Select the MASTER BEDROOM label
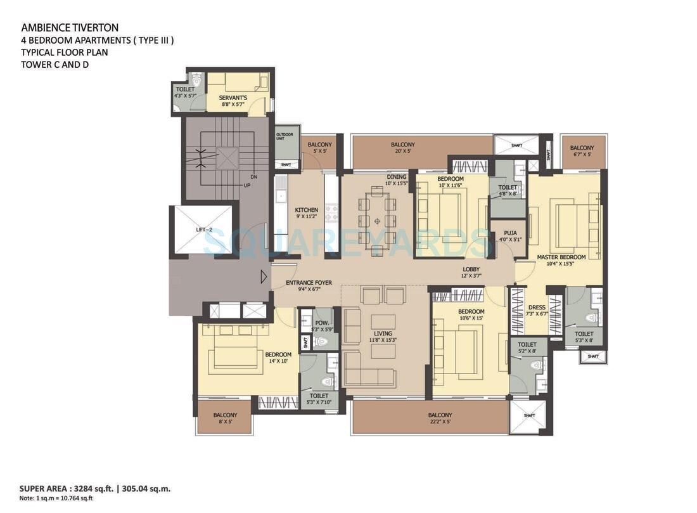[x=561, y=257]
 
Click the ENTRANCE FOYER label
[x=303, y=282]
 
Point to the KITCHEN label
[x=306, y=210]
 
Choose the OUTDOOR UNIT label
[x=284, y=138]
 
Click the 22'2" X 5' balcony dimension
[x=440, y=422]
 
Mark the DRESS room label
[x=537, y=308]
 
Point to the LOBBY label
[x=471, y=269]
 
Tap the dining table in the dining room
[x=377, y=221]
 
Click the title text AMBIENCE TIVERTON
[x=70, y=27]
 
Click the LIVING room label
[x=383, y=333]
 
